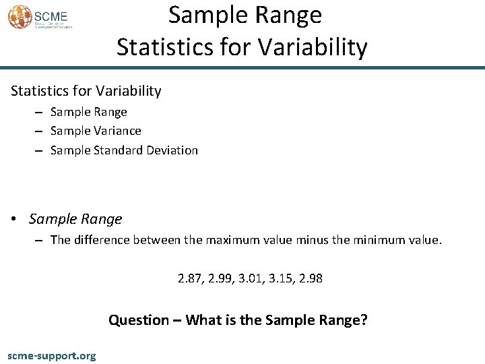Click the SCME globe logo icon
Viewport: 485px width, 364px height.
pyautogui.click(x=20, y=17)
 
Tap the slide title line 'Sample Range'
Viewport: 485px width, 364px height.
pyautogui.click(x=245, y=15)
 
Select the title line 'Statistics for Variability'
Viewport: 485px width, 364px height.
pyautogui.click(x=242, y=48)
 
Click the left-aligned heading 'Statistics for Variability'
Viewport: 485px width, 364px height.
pyautogui.click(x=85, y=90)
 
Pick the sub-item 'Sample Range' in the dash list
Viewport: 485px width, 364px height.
pyautogui.click(x=88, y=112)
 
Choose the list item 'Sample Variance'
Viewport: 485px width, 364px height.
pyautogui.click(x=96, y=131)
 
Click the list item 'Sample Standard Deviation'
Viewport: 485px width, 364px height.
pyautogui.click(x=124, y=150)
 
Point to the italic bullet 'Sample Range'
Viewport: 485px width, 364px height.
pyautogui.click(x=75, y=219)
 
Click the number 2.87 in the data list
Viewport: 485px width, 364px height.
pyautogui.click(x=189, y=278)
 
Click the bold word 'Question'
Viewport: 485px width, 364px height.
pyautogui.click(x=138, y=320)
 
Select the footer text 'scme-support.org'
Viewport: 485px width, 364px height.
pyautogui.click(x=51, y=355)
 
